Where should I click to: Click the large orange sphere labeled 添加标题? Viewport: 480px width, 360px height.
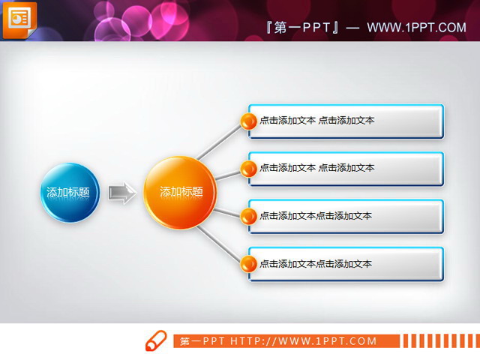pos(180,193)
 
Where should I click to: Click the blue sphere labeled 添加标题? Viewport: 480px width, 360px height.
pos(68,193)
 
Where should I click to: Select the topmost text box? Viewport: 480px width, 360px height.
pos(349,121)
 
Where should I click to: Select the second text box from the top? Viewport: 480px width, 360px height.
pos(349,169)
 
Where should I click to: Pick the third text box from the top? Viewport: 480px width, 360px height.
pos(349,217)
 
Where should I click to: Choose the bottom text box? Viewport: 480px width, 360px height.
pos(349,265)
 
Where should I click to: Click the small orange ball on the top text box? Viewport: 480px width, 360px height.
pos(248,121)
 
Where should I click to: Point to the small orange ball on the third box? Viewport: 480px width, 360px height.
pos(248,217)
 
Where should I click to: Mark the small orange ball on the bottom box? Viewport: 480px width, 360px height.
pos(248,264)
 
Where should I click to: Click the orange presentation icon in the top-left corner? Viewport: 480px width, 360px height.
pos(19,18)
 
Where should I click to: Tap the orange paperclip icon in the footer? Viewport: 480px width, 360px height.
pos(155,340)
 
